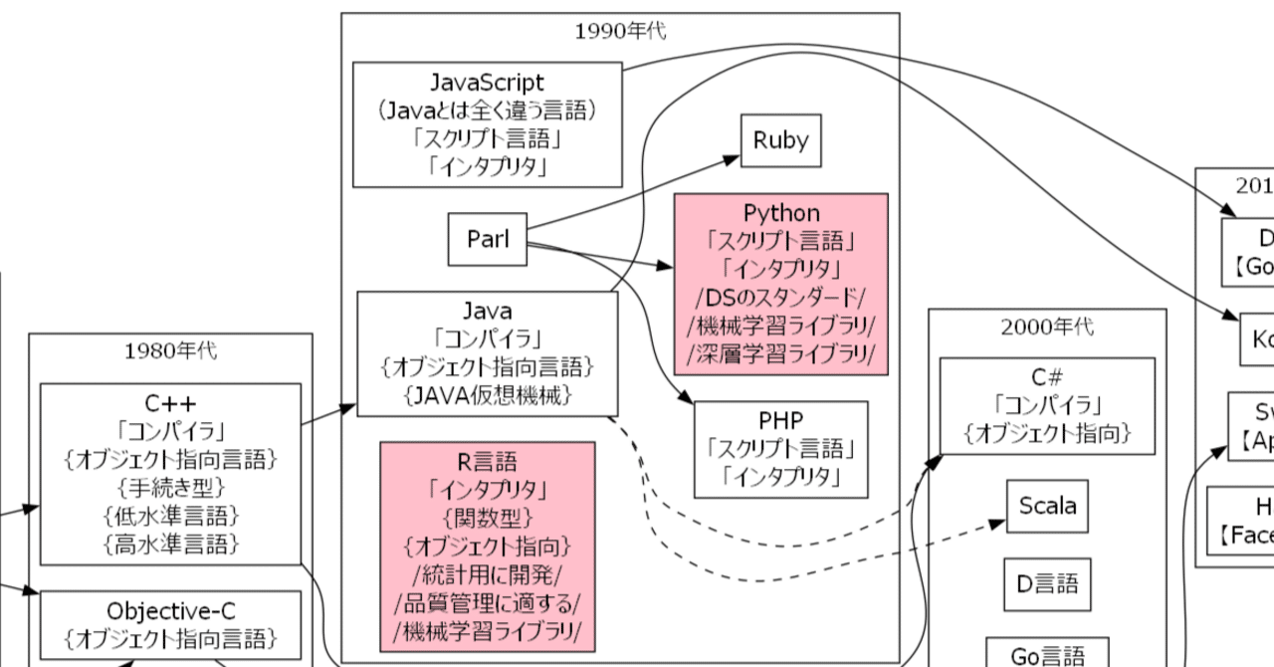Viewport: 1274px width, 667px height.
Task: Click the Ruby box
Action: pyautogui.click(x=780, y=141)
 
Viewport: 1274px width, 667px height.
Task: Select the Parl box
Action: pyautogui.click(x=487, y=240)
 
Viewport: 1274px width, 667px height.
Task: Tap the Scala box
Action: pyautogui.click(x=1046, y=506)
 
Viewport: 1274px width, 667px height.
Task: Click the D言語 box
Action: pyautogui.click(x=1046, y=583)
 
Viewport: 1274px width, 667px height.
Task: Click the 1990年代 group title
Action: pyautogui.click(x=620, y=31)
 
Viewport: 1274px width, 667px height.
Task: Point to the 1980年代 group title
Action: pyautogui.click(x=170, y=350)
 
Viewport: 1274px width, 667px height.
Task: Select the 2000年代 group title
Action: pyautogui.click(x=1047, y=327)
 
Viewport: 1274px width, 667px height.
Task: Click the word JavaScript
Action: pyautogui.click(x=488, y=81)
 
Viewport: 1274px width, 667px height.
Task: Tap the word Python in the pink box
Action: pyautogui.click(x=781, y=213)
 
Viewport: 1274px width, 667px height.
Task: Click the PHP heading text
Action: pyautogui.click(x=780, y=419)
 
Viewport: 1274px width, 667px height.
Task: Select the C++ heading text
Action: pyautogui.click(x=170, y=403)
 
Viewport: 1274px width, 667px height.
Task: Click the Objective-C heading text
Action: pyautogui.click(x=170, y=609)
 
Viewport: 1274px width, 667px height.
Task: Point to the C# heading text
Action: pyautogui.click(x=1047, y=377)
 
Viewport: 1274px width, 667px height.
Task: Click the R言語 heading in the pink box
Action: pyautogui.click(x=488, y=462)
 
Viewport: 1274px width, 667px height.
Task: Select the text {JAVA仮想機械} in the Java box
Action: pyautogui.click(x=488, y=395)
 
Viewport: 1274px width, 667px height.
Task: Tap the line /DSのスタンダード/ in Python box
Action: pyautogui.click(x=781, y=298)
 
